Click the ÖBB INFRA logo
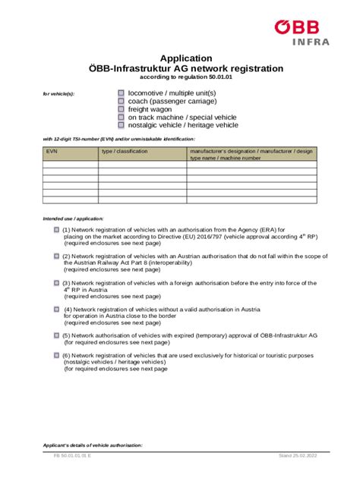point(302,32)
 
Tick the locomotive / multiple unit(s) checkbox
point(122,93)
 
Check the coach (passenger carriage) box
point(122,101)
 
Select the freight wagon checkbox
point(122,109)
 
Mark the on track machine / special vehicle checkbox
point(122,117)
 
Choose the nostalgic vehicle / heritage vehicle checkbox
point(122,125)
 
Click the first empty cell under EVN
point(70,165)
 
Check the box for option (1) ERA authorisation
point(56,229)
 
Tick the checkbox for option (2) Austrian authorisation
point(56,256)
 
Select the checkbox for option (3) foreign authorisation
point(56,282)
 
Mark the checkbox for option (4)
point(56,309)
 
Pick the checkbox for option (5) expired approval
point(56,335)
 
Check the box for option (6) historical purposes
point(56,354)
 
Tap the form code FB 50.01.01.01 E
point(73,456)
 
